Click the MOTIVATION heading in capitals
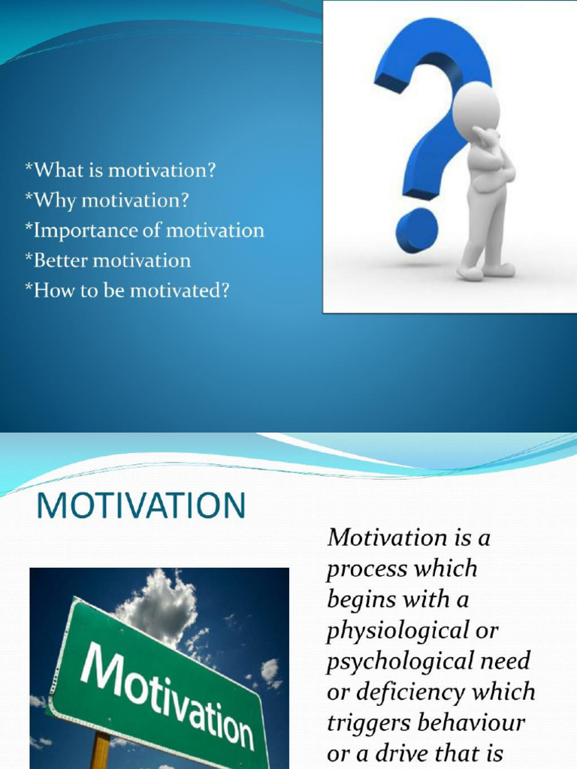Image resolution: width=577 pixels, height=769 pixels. pos(141,506)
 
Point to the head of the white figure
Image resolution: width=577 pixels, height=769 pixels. pos(476,109)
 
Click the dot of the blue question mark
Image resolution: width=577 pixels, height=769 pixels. pos(416,230)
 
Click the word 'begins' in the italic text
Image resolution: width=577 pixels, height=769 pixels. pos(359,600)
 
